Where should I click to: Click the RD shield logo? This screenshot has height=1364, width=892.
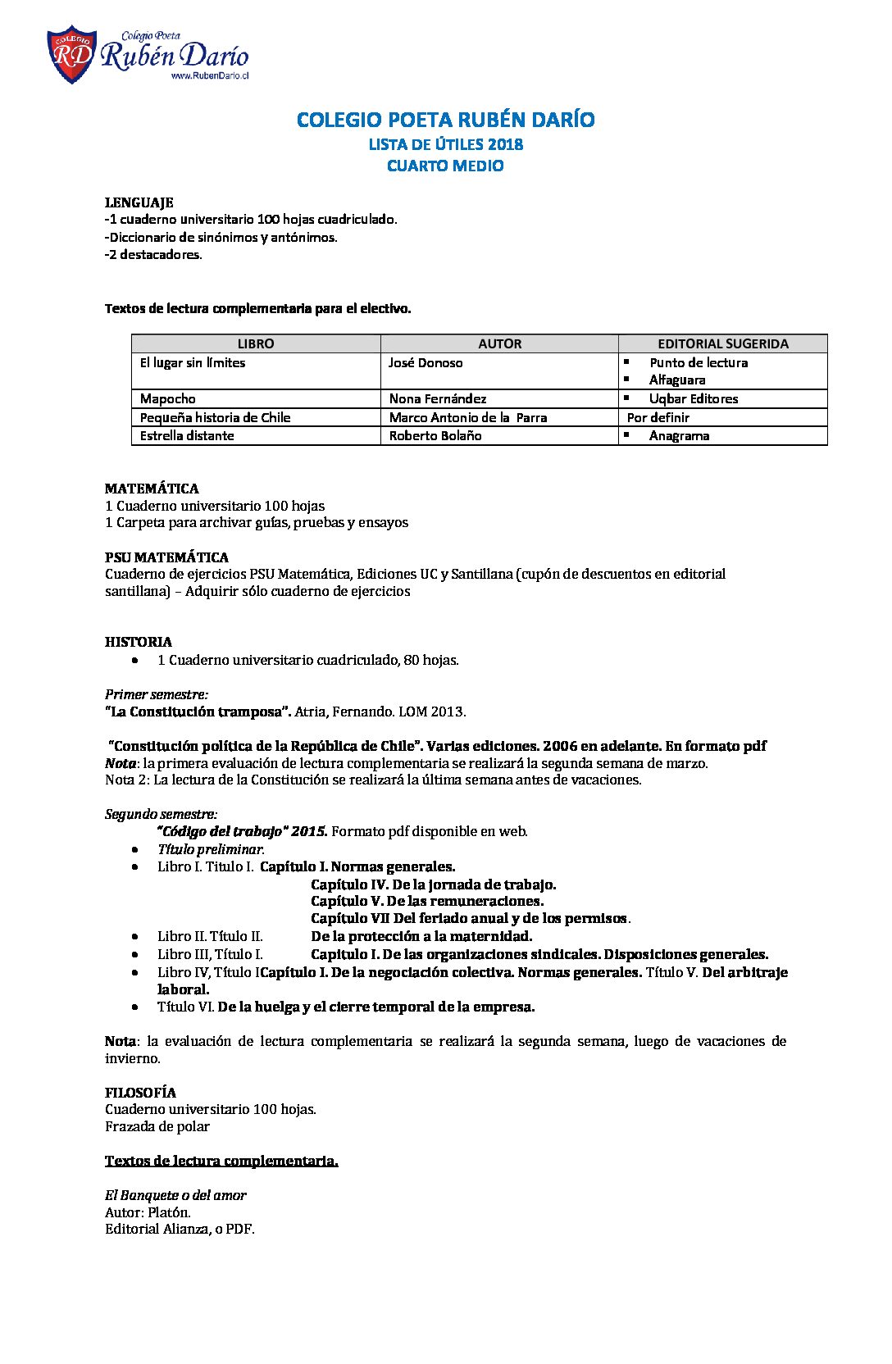71,55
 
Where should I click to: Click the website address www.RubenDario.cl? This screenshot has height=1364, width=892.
209,75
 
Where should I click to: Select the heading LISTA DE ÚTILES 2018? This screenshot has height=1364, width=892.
445,144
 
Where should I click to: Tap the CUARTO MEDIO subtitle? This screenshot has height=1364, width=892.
445,166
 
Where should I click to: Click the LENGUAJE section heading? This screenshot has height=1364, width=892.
139,202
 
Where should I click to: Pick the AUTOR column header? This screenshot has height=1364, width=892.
499,343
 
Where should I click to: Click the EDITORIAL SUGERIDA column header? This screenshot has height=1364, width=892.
722,343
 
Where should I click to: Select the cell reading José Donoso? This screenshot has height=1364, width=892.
426,362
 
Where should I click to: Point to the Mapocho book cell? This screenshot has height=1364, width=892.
168,398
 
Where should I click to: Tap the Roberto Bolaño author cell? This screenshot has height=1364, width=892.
435,435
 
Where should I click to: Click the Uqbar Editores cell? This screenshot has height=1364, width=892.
693,398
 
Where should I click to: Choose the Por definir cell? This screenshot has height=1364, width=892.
658,417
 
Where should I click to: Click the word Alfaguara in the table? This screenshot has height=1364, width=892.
677,380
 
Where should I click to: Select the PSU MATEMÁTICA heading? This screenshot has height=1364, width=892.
166,557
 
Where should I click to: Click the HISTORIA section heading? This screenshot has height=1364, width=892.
139,642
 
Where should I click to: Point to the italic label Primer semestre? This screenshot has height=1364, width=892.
156,694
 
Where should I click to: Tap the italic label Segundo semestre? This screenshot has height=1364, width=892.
161,814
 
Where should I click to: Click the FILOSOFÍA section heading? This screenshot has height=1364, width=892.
140,1092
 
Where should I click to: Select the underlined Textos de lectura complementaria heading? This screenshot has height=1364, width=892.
221,1161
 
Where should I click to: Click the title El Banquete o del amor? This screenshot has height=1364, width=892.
175,1195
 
